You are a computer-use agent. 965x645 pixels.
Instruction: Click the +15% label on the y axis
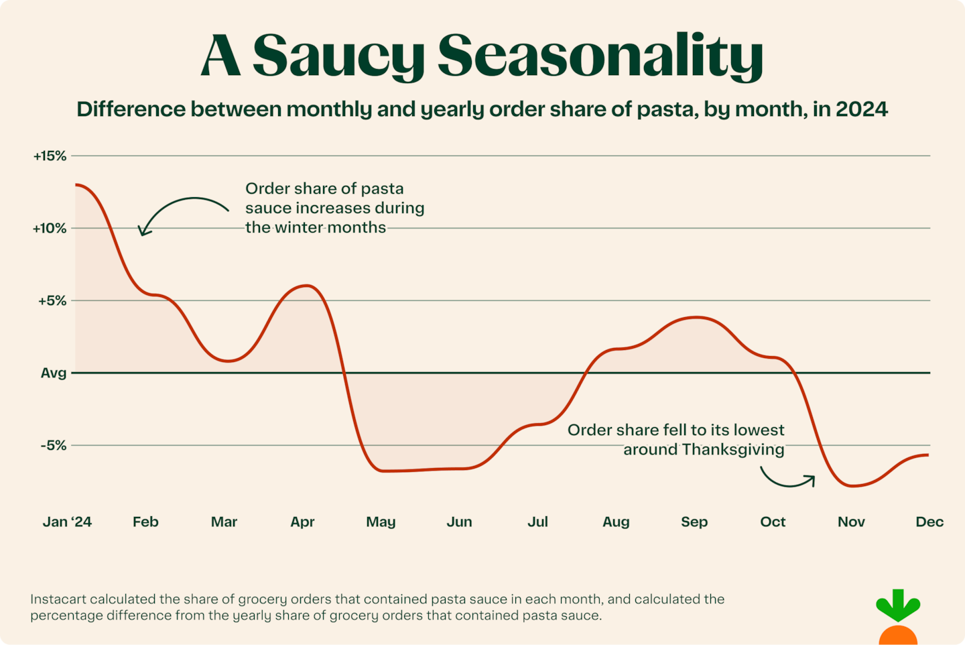[50, 156]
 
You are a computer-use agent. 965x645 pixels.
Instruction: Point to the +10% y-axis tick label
[50, 229]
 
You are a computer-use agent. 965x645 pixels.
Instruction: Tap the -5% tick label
[54, 446]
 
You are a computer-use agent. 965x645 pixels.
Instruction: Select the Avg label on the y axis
[54, 373]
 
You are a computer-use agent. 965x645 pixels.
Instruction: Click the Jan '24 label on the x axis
[67, 522]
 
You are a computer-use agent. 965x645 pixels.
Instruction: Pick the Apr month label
[302, 522]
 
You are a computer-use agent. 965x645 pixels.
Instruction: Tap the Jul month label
[537, 522]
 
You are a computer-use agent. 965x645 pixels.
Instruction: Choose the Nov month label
[851, 522]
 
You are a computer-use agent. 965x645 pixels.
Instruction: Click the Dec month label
[929, 522]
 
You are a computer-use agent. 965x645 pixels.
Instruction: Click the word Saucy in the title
[338, 56]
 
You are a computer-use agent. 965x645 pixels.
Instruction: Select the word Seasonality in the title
[600, 56]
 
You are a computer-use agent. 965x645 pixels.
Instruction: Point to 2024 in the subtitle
[861, 109]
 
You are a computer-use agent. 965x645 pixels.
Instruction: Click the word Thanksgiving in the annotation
[733, 450]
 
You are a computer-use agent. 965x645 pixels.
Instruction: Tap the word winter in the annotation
[302, 228]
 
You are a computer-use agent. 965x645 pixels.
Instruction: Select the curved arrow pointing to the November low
[787, 478]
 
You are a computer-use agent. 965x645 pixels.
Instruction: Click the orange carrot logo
[898, 620]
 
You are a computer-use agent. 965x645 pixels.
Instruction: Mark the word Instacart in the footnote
[58, 599]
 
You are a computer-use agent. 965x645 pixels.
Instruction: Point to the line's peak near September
[697, 317]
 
